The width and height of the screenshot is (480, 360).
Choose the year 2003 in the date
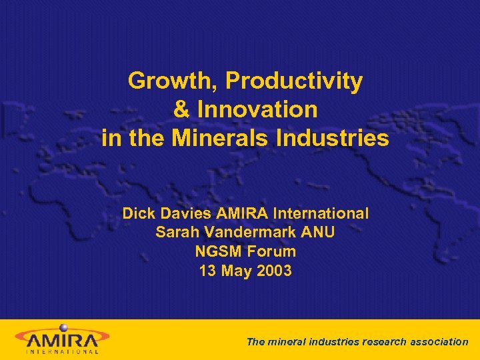point(274,272)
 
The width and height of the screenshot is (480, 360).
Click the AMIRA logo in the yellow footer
point(63,338)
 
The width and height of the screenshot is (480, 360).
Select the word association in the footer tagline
point(440,341)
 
